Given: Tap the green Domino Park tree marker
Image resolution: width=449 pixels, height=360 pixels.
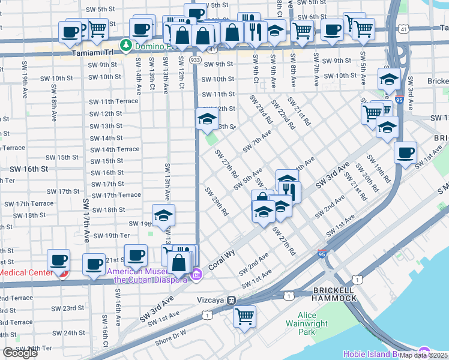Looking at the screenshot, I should pos(126,45).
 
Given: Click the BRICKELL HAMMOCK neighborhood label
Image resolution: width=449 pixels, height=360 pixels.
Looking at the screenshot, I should pos(335,294).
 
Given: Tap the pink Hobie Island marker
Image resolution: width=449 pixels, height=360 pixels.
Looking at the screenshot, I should pos(426,352).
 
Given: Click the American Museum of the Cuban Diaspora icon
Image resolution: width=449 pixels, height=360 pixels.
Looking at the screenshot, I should pos(196,275).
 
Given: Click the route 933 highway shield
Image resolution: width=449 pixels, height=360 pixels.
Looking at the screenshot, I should pos(196,60).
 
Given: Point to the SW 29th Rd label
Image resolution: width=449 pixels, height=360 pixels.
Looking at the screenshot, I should pos(217,202).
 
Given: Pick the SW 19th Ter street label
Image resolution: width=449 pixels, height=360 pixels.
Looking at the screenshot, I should pos(112,236).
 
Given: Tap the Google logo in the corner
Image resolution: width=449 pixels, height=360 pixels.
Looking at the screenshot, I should pos(20,353).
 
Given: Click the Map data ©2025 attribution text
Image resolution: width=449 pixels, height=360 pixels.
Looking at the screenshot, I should pos(424,355).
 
